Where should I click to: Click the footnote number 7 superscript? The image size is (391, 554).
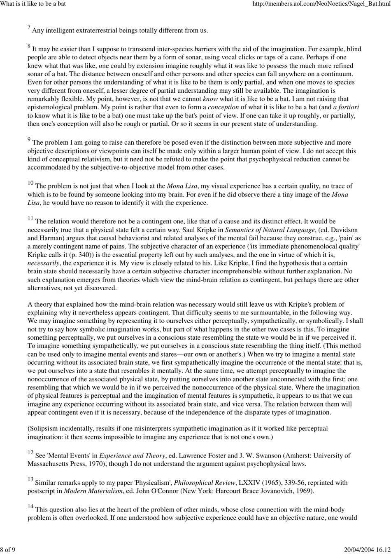pyautogui.click(x=29, y=27)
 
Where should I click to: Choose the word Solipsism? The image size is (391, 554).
pyautogui.click(x=45, y=429)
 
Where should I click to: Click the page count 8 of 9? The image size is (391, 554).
pyautogui.click(x=8, y=550)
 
